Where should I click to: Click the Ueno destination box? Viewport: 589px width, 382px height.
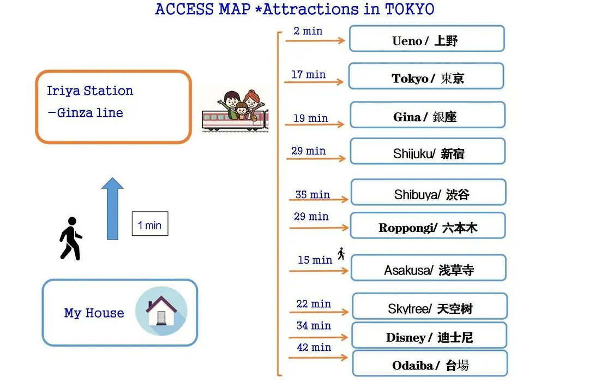click(426, 39)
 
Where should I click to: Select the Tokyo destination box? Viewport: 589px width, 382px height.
click(426, 76)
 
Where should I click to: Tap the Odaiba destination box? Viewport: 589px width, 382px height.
click(430, 363)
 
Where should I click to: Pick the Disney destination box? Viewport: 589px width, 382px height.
click(429, 336)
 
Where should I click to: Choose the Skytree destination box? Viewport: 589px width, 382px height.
click(430, 307)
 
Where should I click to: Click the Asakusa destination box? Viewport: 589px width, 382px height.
click(429, 268)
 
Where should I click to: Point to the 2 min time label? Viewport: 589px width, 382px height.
click(308, 31)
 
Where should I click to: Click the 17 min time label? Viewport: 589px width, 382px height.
click(308, 74)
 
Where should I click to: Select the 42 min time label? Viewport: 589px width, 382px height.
click(314, 347)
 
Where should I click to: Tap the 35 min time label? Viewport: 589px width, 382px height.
click(312, 194)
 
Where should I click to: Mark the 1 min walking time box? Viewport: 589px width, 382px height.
click(150, 224)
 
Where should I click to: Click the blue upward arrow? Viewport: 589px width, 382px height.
click(112, 208)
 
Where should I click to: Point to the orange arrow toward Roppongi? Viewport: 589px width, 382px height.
click(319, 228)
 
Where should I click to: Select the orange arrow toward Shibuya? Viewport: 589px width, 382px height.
click(318, 199)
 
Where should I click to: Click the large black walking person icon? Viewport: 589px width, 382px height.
click(70, 238)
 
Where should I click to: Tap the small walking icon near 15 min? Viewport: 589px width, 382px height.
click(341, 254)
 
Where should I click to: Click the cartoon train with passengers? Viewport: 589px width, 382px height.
click(235, 111)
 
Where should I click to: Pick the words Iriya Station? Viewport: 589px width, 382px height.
click(90, 91)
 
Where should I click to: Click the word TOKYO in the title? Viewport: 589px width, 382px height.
click(410, 9)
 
